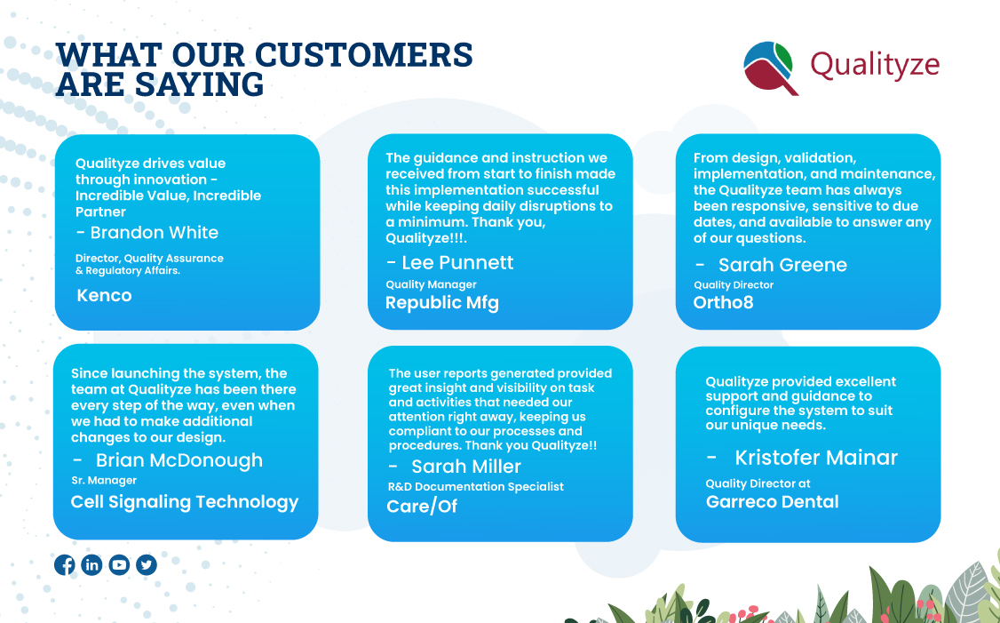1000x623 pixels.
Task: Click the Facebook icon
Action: [x=65, y=564]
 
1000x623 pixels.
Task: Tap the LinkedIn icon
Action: [x=91, y=564]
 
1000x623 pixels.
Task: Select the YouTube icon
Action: [x=119, y=564]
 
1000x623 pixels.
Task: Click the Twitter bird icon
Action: [x=147, y=564]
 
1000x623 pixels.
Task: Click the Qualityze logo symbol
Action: [x=768, y=67]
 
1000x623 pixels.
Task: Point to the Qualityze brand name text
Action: [x=874, y=65]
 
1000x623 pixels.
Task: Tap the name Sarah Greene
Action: [x=782, y=265]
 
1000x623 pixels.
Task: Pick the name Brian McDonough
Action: [x=179, y=460]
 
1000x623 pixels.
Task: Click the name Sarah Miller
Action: [x=465, y=467]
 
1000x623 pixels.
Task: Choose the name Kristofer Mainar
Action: [x=815, y=458]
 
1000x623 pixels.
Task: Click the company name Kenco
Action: [x=104, y=296]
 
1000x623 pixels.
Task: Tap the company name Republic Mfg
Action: [x=442, y=302]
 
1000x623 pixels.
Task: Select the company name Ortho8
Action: [x=724, y=302]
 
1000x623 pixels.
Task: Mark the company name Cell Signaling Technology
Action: [x=185, y=502]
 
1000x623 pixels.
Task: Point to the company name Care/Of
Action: [x=422, y=507]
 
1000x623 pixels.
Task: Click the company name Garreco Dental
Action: [x=772, y=502]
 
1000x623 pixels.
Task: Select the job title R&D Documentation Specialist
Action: [x=475, y=486]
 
